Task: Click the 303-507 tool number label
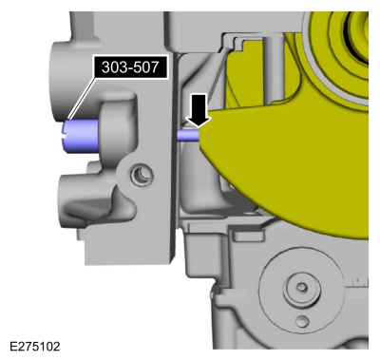tap(130, 67)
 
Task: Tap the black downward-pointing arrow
tap(199, 111)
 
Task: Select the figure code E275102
tap(35, 346)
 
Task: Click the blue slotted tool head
tap(79, 136)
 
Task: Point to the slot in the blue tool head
tap(64, 136)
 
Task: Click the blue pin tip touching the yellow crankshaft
tap(188, 135)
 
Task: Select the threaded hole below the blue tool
tap(141, 174)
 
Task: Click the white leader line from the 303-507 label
tap(83, 99)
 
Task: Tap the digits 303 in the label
tap(112, 67)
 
